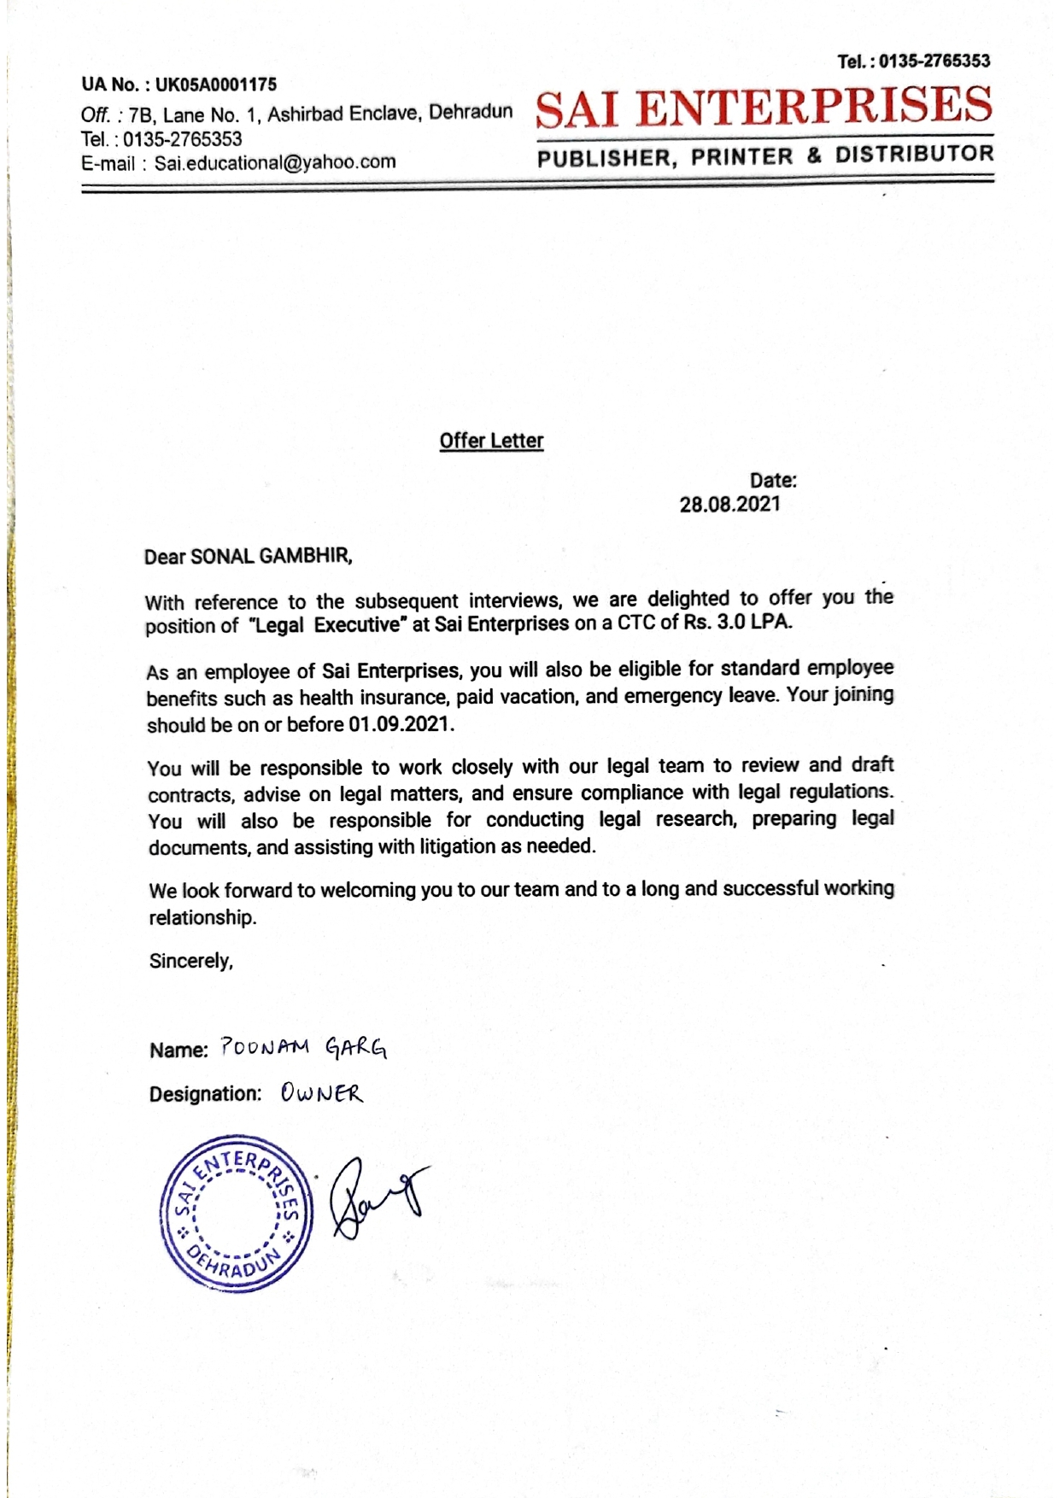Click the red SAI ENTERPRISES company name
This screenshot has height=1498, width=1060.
point(764,107)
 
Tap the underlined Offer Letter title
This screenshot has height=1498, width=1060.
point(491,441)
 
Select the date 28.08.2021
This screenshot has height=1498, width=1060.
point(729,504)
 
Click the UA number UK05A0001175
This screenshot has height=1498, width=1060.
point(216,85)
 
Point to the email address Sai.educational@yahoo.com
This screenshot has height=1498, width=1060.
point(275,162)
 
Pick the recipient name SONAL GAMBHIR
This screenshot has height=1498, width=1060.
point(270,557)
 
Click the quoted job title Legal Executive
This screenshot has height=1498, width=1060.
point(325,625)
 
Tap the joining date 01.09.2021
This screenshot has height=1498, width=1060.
point(398,724)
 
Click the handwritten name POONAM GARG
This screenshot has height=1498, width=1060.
point(303,1047)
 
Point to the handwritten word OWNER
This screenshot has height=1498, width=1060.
point(321,1093)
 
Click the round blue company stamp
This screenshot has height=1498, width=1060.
point(237,1213)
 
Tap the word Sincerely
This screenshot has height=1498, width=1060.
point(190,961)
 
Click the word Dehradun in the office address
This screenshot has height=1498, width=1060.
point(471,112)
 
